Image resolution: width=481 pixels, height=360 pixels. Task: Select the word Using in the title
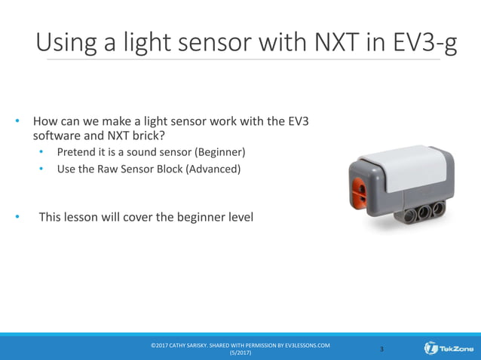pyautogui.click(x=69, y=42)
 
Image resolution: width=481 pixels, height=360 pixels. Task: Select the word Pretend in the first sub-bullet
pyautogui.click(x=78, y=153)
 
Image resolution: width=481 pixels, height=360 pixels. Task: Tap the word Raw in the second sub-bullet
pyautogui.click(x=111, y=169)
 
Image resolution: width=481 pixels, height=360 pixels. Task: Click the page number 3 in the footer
pyautogui.click(x=381, y=349)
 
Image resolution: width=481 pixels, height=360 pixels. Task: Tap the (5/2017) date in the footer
pyautogui.click(x=240, y=353)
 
